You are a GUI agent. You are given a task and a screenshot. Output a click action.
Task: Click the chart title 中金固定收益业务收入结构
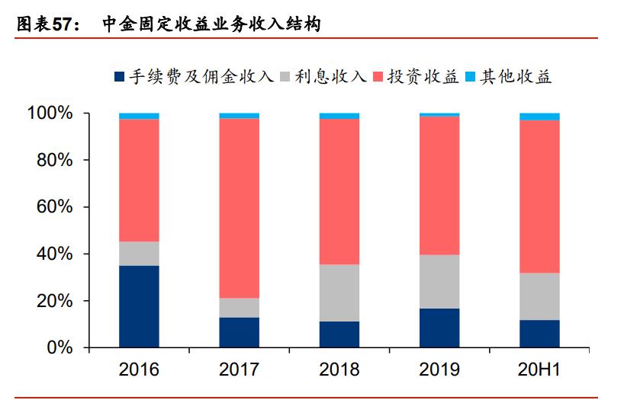pyautogui.click(x=211, y=24)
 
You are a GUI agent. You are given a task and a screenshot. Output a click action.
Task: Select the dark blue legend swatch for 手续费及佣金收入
pyautogui.click(x=118, y=77)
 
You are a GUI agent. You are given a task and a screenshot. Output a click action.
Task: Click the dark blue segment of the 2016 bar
pyautogui.click(x=139, y=306)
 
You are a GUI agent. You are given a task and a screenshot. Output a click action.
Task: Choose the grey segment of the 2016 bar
pyautogui.click(x=139, y=254)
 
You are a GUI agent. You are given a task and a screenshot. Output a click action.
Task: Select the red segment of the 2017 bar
pyautogui.click(x=239, y=208)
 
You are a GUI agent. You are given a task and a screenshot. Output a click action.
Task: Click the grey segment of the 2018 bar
pyautogui.click(x=339, y=293)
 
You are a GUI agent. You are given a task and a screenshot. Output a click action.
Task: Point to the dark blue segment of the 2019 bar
pyautogui.click(x=439, y=328)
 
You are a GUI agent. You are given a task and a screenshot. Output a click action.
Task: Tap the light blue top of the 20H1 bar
pyautogui.click(x=539, y=117)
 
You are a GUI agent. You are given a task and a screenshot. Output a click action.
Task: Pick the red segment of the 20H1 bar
pyautogui.click(x=539, y=197)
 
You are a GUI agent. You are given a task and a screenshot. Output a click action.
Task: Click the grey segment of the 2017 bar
pyautogui.click(x=239, y=307)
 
